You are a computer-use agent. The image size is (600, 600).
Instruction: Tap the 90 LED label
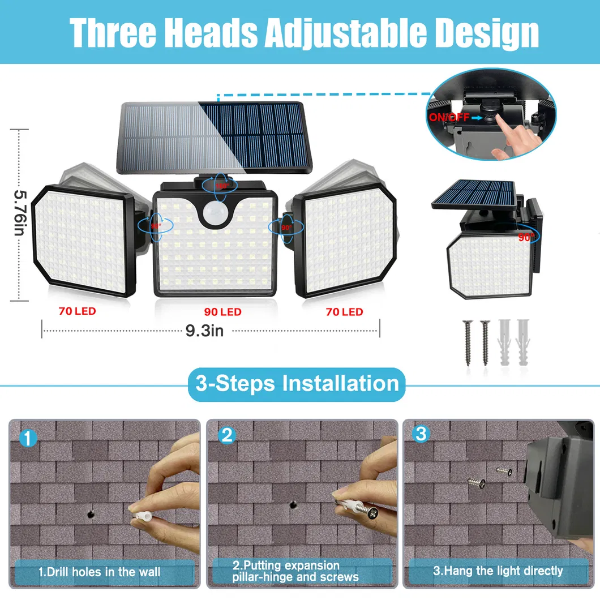[222, 312]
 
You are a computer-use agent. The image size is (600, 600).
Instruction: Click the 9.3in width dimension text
[204, 330]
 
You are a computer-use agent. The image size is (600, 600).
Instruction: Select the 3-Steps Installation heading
[297, 384]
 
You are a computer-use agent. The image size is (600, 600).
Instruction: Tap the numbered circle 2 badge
[226, 435]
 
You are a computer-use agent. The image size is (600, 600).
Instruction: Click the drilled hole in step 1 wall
[91, 514]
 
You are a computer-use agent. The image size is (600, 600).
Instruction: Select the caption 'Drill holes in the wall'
[100, 572]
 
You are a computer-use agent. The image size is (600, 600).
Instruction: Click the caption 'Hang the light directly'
[498, 571]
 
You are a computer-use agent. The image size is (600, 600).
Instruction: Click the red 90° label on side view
[526, 238]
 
